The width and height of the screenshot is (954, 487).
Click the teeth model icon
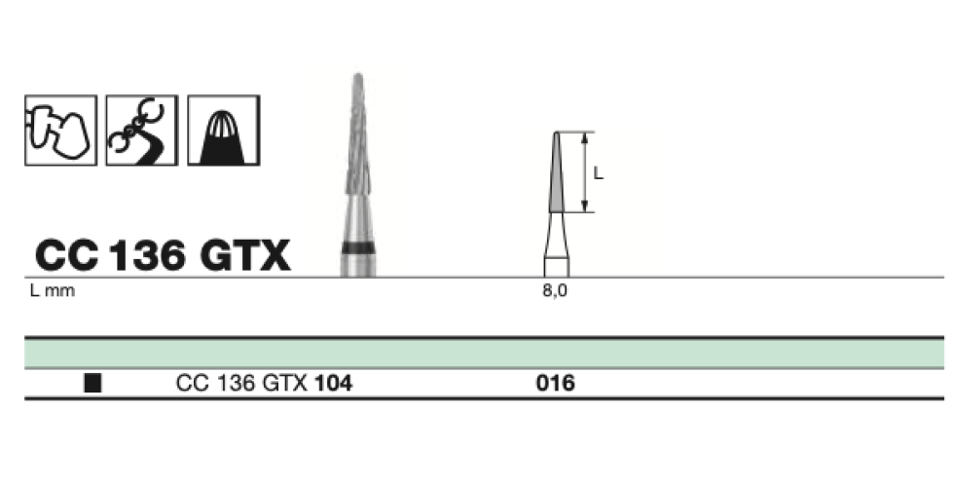coord(60,131)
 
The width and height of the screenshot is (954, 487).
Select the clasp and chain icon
coord(142,131)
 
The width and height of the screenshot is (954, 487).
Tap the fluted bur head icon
coord(223,131)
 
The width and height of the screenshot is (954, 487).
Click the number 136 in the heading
coord(147,254)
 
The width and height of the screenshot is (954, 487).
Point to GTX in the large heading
coord(245,254)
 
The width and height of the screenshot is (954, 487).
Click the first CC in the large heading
coord(67,254)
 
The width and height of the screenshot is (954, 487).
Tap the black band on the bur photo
coord(358,247)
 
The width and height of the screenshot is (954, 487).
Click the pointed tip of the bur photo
coord(358,76)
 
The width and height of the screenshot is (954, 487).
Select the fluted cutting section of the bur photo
coord(358,134)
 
